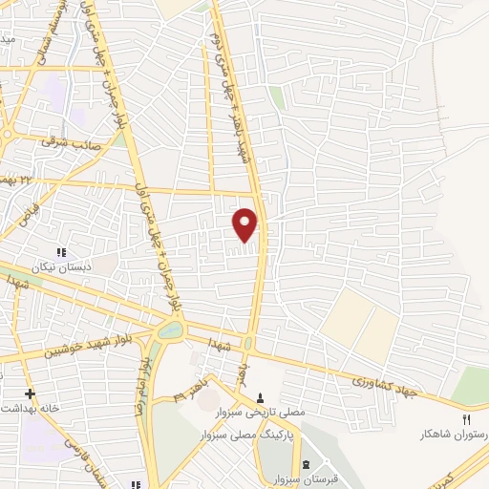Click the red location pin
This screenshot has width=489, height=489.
coord(245,224)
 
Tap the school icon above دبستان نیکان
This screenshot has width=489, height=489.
coord(61,252)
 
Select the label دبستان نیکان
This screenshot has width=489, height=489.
coord(61,267)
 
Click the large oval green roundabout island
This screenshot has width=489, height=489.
coord(171,330)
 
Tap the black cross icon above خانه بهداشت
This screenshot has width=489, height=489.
coord(30,393)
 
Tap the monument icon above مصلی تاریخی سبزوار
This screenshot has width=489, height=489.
coord(262,397)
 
